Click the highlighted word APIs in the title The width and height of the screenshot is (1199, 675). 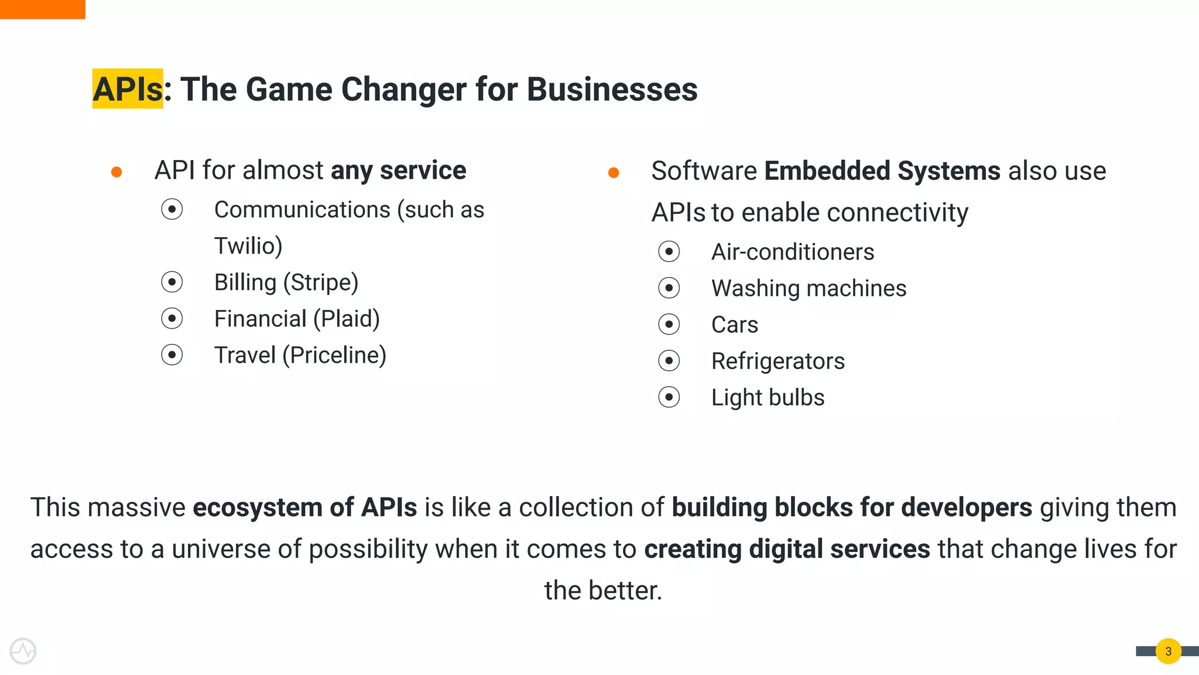click(x=128, y=89)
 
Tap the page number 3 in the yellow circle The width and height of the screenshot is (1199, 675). click(x=1168, y=651)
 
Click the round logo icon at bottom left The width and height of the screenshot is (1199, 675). click(x=23, y=651)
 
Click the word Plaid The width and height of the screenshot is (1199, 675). click(x=346, y=319)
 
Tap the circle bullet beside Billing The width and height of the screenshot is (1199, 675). click(x=172, y=282)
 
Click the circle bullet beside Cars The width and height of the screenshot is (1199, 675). click(x=669, y=325)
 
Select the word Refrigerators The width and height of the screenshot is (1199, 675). click(x=777, y=362)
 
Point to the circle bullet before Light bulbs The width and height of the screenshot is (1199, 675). click(x=669, y=397)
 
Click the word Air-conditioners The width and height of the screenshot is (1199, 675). click(x=792, y=252)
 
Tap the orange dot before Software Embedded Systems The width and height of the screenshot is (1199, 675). click(x=614, y=172)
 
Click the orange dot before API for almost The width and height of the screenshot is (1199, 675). click(x=117, y=172)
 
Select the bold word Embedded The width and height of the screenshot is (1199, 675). click(x=827, y=171)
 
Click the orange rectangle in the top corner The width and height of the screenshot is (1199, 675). click(x=42, y=9)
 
